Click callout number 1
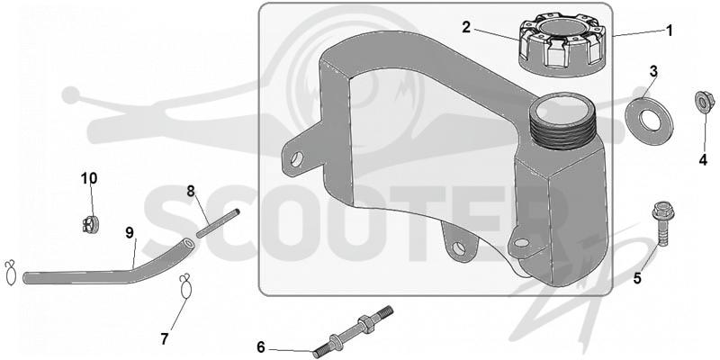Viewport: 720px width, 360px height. point(669,31)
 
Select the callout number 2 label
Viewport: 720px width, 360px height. point(466,28)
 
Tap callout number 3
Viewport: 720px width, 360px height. point(653,72)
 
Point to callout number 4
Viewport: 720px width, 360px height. point(703,160)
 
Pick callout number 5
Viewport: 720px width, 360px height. point(637,278)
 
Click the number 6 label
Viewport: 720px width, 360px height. point(261,347)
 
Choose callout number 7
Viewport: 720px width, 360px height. point(165,339)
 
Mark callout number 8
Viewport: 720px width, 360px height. point(191,191)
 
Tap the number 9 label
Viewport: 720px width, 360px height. point(130,233)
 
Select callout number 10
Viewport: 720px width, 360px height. point(89,178)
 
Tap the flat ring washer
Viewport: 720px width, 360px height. point(649,119)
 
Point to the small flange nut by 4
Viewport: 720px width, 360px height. point(703,101)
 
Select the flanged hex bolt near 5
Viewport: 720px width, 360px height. point(661,223)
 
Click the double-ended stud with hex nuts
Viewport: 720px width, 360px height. point(353,332)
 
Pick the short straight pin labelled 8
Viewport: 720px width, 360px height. point(219,223)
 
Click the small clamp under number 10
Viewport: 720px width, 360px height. point(91,224)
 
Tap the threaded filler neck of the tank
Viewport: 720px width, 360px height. point(559,121)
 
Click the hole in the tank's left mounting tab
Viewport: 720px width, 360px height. point(297,159)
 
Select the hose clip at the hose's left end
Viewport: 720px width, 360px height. point(10,274)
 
